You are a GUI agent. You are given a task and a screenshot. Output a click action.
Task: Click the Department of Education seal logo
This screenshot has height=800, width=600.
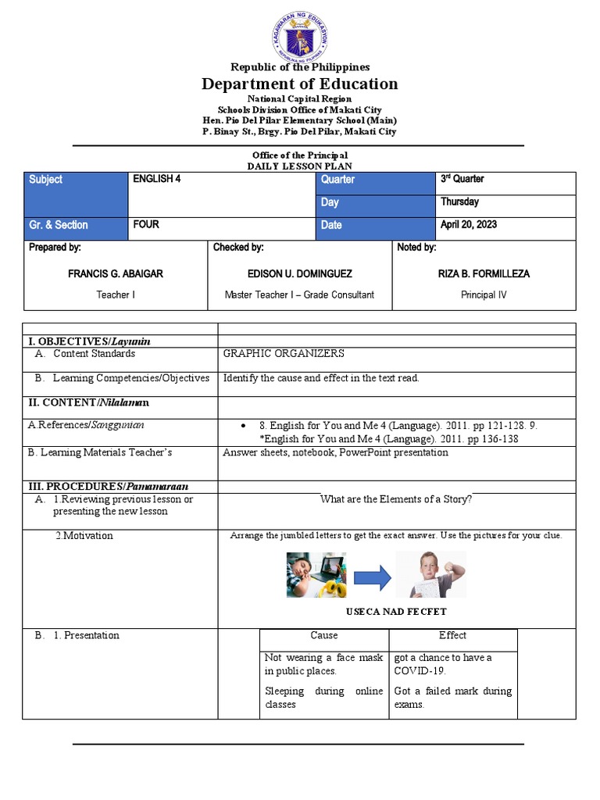pos(301,30)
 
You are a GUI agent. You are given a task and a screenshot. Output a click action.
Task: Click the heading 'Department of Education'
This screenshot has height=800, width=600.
pos(300,84)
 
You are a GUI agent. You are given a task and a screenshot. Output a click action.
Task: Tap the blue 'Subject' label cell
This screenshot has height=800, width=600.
pos(76,194)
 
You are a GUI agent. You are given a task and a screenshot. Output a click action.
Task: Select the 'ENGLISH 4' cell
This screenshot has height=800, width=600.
pos(222,194)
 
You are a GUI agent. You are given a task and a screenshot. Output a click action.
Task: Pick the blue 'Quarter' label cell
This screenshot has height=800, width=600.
pos(376,180)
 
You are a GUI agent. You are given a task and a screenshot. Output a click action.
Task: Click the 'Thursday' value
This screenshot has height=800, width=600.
pos(459,202)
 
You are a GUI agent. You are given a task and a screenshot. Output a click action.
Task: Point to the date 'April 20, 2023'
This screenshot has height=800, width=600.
pos(469,225)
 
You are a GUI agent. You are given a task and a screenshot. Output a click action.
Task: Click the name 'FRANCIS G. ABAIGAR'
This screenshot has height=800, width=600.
pos(116,274)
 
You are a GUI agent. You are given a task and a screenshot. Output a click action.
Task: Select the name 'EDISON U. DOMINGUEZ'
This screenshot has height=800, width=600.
pos(299,274)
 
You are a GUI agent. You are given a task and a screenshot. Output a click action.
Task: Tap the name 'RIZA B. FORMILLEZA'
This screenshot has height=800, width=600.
pos(484,274)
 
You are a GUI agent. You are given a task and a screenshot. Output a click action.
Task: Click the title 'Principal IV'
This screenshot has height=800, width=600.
pos(484,295)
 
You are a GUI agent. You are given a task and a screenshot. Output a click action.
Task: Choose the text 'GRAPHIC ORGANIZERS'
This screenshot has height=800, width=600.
pos(284,354)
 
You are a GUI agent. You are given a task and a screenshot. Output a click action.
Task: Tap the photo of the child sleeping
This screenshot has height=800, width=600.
pos(316,575)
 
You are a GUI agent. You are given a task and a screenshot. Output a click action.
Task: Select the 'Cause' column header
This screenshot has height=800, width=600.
pos(323,636)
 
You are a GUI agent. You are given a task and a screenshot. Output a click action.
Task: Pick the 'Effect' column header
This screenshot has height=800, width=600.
pos(452,636)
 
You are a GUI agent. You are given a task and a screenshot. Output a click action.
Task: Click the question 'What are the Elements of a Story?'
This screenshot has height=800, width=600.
pos(396,500)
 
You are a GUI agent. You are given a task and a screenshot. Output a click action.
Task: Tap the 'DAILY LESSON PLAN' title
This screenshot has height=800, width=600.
pos(300,166)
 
